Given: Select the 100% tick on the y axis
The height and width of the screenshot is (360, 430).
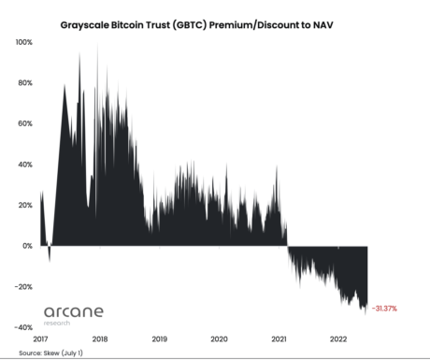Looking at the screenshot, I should pyautogui.click(x=24, y=43).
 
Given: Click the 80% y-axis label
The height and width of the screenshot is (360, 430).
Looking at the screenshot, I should pyautogui.click(x=26, y=83).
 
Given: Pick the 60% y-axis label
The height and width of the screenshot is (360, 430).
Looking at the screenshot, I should pyautogui.click(x=26, y=123).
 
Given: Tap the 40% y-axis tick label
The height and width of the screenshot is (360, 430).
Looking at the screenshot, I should pyautogui.click(x=26, y=165).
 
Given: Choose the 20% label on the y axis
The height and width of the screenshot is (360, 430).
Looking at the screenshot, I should pyautogui.click(x=26, y=205).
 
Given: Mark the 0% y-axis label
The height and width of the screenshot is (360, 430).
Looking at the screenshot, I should pyautogui.click(x=28, y=246).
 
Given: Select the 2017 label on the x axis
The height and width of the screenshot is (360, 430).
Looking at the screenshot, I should pyautogui.click(x=41, y=338).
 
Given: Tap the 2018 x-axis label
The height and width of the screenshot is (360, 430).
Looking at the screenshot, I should pyautogui.click(x=100, y=338).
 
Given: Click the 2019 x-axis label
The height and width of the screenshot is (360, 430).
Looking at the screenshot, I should pyautogui.click(x=160, y=338).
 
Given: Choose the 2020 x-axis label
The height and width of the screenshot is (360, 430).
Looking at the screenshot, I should pyautogui.click(x=219, y=338).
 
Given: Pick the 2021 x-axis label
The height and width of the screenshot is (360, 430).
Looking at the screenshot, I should pyautogui.click(x=279, y=338).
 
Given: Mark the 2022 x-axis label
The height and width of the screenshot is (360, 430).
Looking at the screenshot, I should pyautogui.click(x=337, y=338).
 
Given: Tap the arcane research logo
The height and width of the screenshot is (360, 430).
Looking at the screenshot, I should pyautogui.click(x=74, y=313).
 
